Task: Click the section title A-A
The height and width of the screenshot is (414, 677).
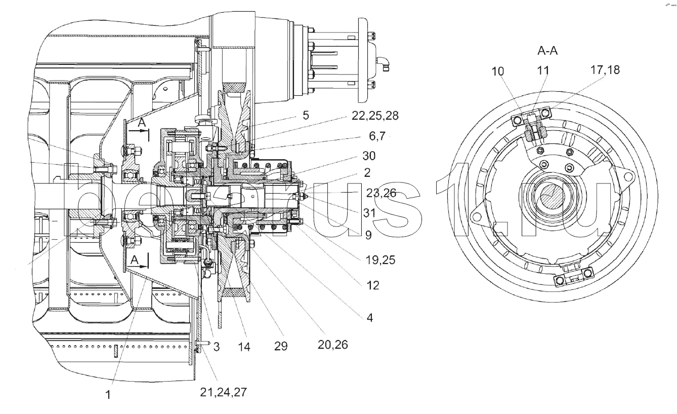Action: [x=547, y=51]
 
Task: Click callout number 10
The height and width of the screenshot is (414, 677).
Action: [x=498, y=71]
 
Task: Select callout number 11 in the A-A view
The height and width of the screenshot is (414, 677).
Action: [x=543, y=70]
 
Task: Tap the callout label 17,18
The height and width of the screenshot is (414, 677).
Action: [x=605, y=70]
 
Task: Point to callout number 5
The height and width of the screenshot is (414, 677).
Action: [x=306, y=116]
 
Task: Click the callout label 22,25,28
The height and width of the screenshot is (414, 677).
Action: [x=375, y=116]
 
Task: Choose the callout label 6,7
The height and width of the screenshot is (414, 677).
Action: [x=377, y=136]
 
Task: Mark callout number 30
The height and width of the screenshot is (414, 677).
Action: [x=369, y=156]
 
